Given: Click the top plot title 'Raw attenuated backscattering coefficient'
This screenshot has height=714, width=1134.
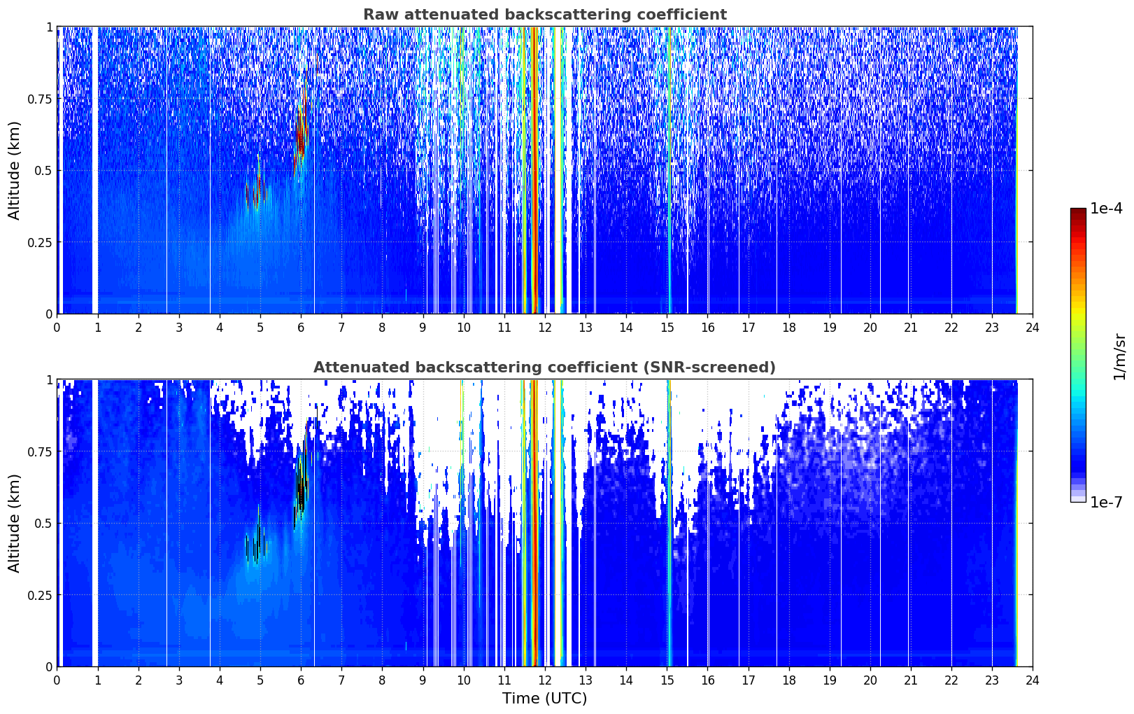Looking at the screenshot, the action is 545,14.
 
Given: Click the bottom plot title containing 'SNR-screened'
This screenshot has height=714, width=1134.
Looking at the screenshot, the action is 545,367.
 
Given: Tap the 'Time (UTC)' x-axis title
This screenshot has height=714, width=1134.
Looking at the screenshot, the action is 545,699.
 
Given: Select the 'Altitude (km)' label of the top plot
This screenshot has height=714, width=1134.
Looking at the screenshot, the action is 14,170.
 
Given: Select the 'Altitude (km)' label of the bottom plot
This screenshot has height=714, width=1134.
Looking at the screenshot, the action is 14,523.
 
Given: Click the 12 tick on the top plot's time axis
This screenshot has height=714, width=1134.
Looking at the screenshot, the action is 545,327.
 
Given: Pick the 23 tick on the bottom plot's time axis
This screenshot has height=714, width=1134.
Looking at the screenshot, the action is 992,680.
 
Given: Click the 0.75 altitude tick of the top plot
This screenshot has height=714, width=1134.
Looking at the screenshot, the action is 39,98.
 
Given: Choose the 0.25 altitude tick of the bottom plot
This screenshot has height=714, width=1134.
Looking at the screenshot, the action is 39,595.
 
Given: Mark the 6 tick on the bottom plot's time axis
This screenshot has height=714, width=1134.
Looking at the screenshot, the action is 301,680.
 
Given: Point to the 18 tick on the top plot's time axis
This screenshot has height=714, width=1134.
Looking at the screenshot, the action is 788,327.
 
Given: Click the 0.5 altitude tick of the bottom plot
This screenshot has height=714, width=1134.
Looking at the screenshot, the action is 43,523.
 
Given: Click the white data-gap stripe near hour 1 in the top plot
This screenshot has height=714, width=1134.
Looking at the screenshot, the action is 95,170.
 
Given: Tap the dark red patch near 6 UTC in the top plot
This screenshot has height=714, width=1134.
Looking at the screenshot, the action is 302,136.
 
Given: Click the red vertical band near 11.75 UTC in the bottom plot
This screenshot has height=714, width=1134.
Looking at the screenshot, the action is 534,523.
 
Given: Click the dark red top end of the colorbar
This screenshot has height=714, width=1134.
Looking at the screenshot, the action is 1078,211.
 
